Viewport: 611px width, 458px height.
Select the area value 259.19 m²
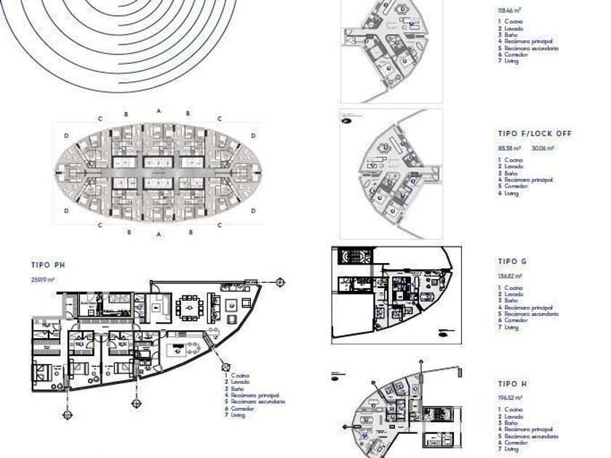click(43, 279)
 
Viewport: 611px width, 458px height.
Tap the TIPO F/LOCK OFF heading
click(535, 134)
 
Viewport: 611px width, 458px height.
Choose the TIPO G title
click(512, 261)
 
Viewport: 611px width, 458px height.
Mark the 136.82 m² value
click(511, 276)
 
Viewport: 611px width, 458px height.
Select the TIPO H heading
click(512, 383)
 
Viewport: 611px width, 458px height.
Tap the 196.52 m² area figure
click(511, 398)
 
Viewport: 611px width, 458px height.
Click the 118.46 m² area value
click(511, 12)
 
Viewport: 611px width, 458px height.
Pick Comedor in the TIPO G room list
click(514, 320)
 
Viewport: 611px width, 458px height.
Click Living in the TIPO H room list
click(511, 449)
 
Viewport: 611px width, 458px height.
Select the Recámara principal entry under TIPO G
click(529, 308)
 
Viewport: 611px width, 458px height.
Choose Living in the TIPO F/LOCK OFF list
click(511, 193)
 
